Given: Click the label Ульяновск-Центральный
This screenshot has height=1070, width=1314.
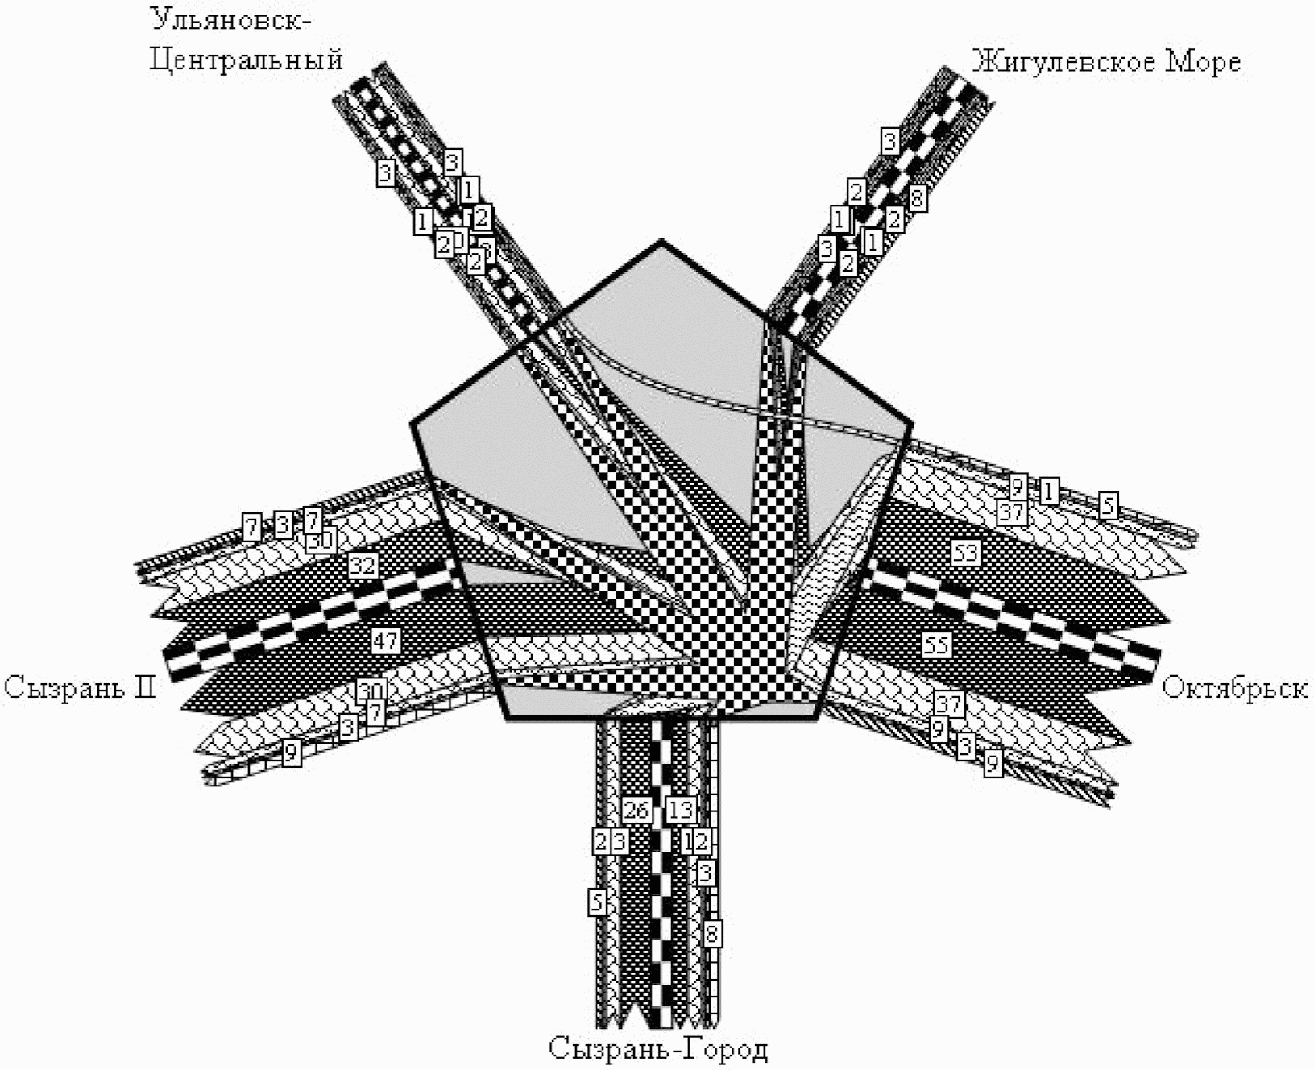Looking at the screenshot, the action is [x=246, y=40].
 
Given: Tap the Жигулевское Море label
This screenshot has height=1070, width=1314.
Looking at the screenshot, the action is [x=1105, y=62].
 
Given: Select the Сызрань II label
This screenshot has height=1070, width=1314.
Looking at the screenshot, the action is [x=80, y=687].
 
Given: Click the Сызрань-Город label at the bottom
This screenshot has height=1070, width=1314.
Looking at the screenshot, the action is [x=658, y=1048].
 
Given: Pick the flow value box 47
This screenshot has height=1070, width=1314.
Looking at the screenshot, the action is [x=385, y=641].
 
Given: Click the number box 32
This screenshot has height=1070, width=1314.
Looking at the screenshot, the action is [x=363, y=566].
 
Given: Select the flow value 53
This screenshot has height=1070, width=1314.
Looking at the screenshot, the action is [x=966, y=553].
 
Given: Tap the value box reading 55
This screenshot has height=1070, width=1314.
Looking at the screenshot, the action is [x=936, y=645].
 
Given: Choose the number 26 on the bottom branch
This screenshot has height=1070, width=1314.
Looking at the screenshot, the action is [x=636, y=810].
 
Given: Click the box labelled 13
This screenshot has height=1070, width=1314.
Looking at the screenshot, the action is [x=681, y=810].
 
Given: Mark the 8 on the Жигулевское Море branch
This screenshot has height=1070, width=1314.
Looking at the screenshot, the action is [x=917, y=197].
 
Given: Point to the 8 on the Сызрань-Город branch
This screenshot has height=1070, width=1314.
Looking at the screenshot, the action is [x=711, y=935].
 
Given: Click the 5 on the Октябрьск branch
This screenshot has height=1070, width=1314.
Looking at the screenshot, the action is [x=1109, y=505].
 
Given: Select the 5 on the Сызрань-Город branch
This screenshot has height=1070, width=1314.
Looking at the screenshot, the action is [x=597, y=902].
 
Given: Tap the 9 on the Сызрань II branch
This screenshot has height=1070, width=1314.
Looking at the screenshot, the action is [x=292, y=753].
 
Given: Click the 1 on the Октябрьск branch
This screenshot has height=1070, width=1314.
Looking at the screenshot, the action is [x=1048, y=490].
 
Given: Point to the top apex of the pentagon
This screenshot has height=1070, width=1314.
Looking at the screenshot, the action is [x=661, y=241].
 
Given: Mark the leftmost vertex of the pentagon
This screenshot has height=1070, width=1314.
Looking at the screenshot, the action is [x=412, y=422].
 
